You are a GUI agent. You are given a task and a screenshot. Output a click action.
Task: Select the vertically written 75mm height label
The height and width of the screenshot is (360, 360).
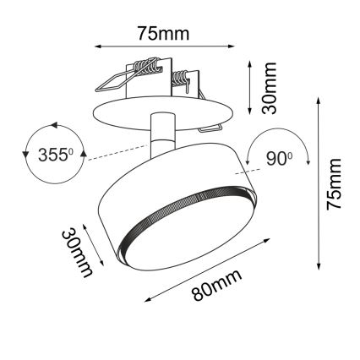coord(335,184)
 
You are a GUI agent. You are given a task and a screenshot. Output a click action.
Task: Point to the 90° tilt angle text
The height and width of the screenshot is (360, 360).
coord(279,157)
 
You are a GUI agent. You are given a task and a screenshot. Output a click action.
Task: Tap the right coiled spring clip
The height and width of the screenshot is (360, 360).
coord(183,81)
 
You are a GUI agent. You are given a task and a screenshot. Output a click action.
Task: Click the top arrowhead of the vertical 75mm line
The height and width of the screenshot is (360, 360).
coord(317,98)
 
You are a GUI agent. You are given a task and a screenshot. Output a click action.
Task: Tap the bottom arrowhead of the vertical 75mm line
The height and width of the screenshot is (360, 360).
coord(317,265)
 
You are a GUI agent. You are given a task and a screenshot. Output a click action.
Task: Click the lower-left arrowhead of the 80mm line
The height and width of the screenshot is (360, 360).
coord(146,300)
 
